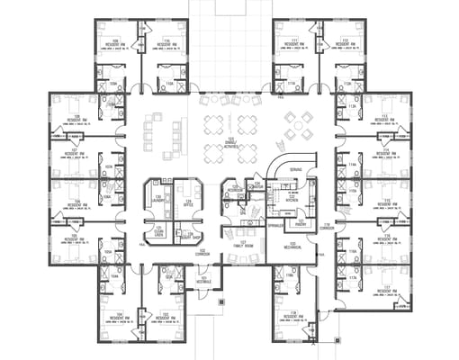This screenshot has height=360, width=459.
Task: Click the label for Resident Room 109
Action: (x=116, y=43)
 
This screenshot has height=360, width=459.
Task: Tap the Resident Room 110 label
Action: (x=166, y=43)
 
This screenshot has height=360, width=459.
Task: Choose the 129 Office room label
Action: (x=189, y=203)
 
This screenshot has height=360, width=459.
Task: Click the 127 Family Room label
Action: (x=239, y=244)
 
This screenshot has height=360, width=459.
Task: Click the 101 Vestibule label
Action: (x=203, y=278)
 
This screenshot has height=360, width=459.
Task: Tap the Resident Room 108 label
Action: (x=76, y=118)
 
